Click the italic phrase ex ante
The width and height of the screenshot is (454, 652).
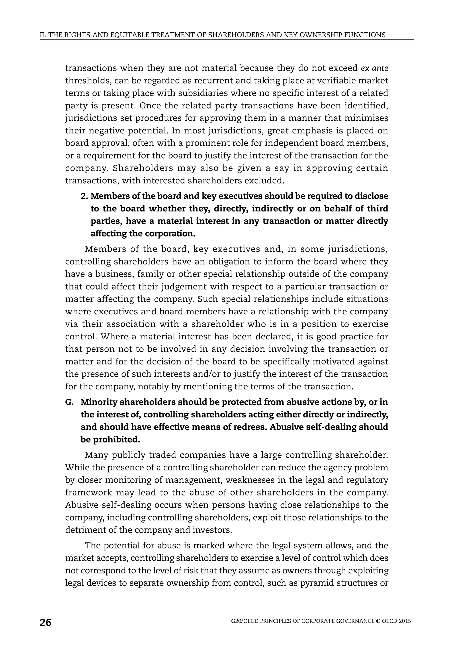(x=374, y=68)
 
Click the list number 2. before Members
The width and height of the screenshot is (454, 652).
(x=84, y=196)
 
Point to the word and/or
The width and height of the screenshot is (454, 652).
(x=207, y=374)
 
